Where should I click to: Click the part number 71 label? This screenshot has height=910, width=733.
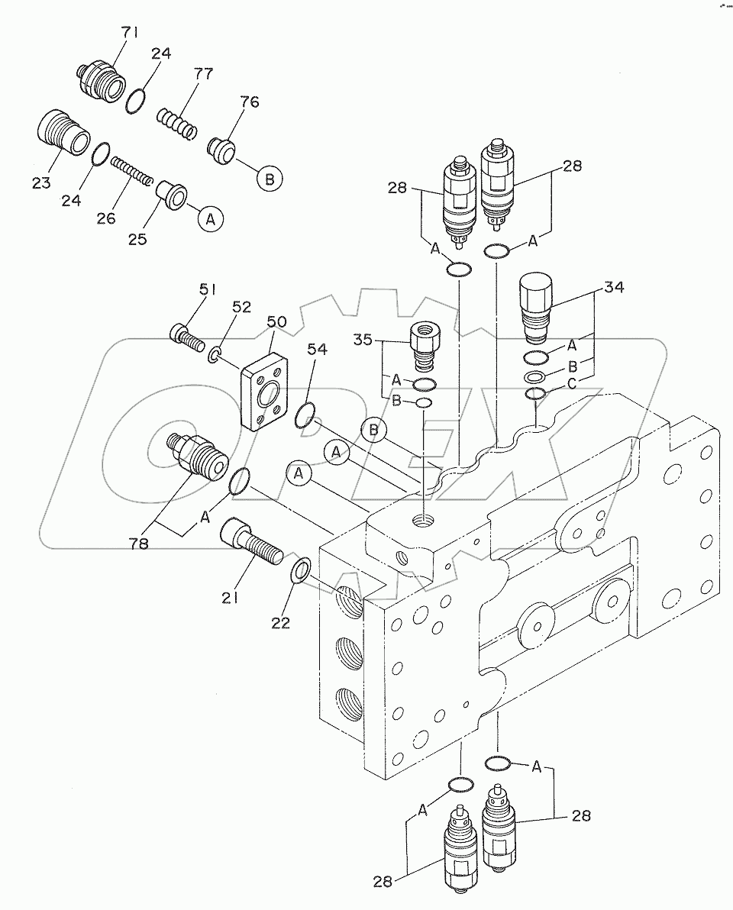click(129, 33)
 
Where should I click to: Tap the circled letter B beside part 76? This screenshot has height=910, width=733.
click(270, 179)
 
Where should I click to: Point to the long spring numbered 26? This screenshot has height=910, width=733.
click(131, 171)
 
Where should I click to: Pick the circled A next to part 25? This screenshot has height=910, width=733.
click(210, 219)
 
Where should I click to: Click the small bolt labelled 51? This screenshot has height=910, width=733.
click(187, 335)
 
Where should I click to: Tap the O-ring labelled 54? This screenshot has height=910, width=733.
click(305, 415)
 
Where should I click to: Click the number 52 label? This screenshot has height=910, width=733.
click(241, 307)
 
